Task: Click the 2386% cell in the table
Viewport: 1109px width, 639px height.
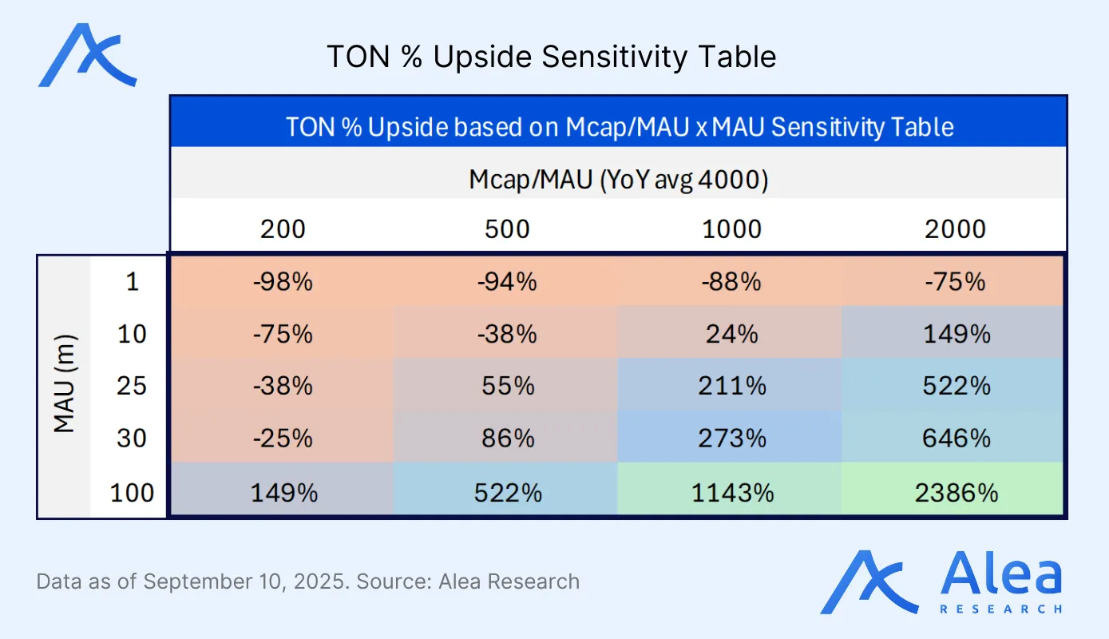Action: pos(957,493)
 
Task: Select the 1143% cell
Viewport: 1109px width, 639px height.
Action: pos(731,493)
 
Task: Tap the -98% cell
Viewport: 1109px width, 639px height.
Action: pos(283,282)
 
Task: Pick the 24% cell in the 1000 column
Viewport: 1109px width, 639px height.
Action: pos(731,333)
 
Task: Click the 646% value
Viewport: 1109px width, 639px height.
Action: pos(957,438)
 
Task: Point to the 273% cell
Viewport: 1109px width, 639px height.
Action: pos(731,438)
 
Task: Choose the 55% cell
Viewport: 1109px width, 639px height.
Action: pos(508,386)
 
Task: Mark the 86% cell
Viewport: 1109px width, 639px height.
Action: pos(508,438)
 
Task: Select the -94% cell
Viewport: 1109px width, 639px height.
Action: pos(508,282)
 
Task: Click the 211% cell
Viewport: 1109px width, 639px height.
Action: pos(731,386)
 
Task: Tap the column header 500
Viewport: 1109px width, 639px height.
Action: pos(508,229)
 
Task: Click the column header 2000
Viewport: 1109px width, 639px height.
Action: pos(957,229)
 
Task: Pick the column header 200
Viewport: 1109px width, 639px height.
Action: pos(283,229)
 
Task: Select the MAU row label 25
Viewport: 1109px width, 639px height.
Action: pos(132,386)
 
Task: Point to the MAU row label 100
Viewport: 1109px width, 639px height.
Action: pos(132,493)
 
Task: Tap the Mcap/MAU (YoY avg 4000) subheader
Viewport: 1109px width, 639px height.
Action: pos(619,181)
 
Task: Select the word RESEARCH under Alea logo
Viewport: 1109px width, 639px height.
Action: pos(1001,609)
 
